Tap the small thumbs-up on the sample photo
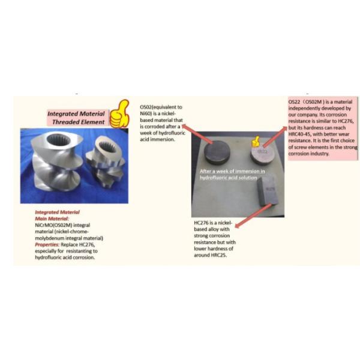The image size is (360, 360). tap(256, 142)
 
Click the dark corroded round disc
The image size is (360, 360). tap(217, 154)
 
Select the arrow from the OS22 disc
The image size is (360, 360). tap(274, 134)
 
